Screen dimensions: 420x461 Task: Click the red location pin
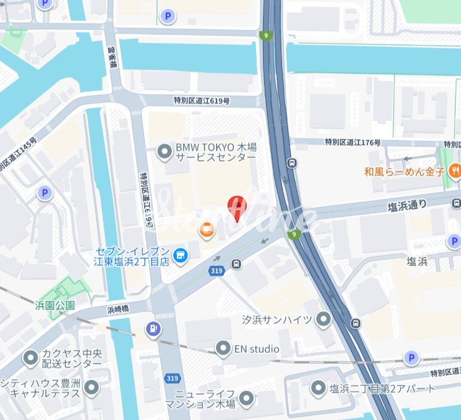click(236, 207)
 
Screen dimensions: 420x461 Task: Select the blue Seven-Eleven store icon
click(181, 254)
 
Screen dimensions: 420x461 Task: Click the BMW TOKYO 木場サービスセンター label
click(215, 152)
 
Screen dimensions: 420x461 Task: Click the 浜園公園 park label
click(55, 304)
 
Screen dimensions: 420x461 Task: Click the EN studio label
click(256, 349)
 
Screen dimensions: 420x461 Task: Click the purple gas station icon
click(153, 328)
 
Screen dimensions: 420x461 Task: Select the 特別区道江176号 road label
click(352, 142)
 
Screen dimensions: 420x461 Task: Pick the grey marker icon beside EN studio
click(222, 349)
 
